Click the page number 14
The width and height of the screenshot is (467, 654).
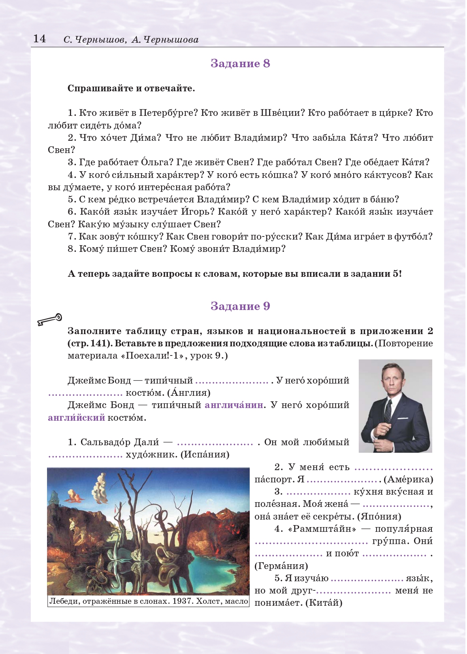click(40, 38)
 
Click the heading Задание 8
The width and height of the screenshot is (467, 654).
click(240, 63)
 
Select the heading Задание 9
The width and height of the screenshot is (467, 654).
click(240, 306)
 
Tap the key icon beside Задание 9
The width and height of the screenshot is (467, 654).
click(50, 319)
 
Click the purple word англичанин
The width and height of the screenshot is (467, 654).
click(234, 405)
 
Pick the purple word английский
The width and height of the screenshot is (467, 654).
click(76, 418)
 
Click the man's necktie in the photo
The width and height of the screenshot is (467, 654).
click(389, 411)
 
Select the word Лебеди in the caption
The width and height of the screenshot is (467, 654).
click(63, 601)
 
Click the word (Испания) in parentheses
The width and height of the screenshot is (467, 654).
click(205, 454)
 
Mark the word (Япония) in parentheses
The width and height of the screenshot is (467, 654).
click(379, 516)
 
